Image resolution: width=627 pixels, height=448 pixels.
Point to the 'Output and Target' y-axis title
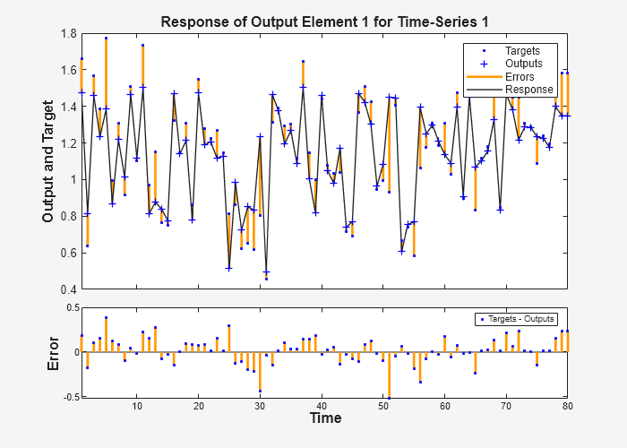(x=49, y=161)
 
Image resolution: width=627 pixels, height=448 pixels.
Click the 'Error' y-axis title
(x=54, y=353)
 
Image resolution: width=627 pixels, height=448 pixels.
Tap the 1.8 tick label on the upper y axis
(x=69, y=34)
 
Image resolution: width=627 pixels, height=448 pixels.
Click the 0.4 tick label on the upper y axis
(x=69, y=289)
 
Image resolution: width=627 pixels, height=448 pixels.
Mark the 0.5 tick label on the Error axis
(x=69, y=308)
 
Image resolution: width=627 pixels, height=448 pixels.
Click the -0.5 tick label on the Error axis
(x=67, y=396)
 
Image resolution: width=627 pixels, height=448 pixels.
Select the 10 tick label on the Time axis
(x=137, y=406)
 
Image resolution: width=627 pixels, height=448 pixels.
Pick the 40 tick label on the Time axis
(x=322, y=406)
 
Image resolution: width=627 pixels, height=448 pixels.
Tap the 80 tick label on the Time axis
(x=567, y=406)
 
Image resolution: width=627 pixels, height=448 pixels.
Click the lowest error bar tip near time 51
(x=389, y=397)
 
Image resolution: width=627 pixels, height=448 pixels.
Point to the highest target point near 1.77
(x=106, y=39)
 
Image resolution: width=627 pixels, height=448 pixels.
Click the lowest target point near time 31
(x=266, y=279)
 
